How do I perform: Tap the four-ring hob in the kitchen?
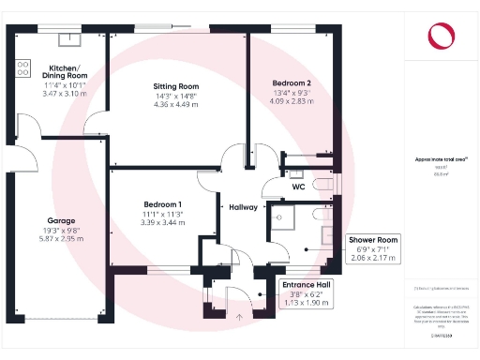22,68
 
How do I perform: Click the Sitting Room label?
176,86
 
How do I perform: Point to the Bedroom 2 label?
292,82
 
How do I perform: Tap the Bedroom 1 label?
163,204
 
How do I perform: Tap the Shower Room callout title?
374,239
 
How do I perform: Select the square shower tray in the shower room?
282,218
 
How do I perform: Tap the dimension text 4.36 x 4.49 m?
176,104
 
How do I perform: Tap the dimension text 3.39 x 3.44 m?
163,223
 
